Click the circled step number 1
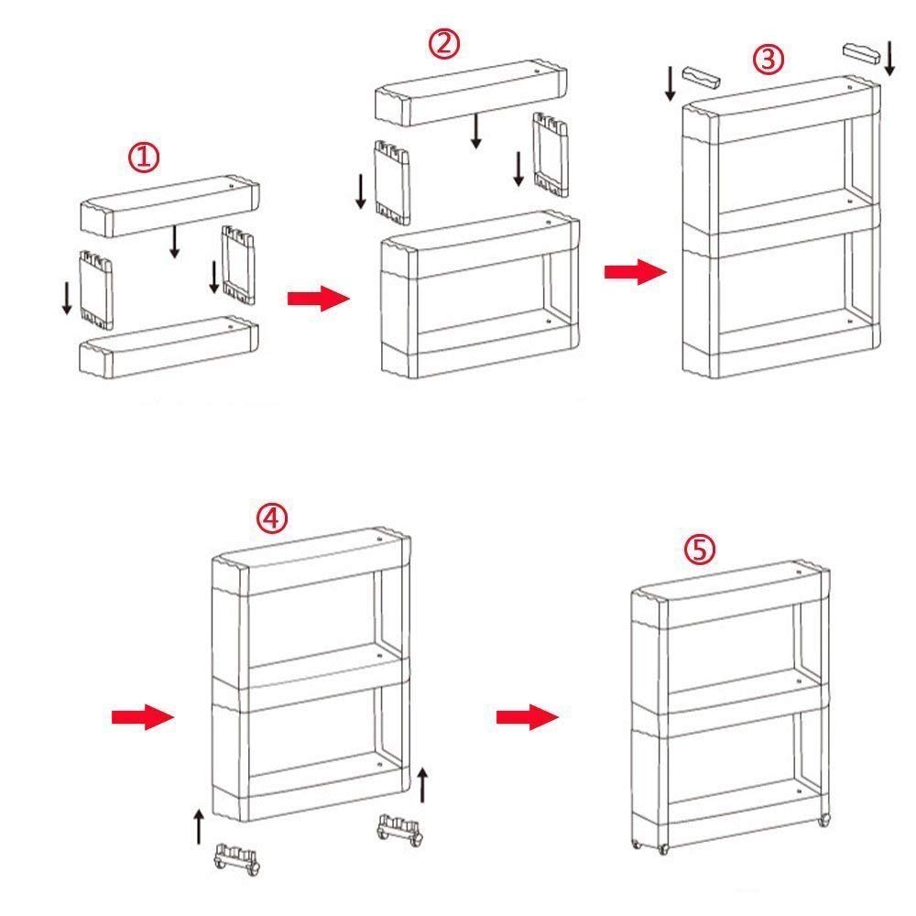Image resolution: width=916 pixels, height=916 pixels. [x=143, y=158]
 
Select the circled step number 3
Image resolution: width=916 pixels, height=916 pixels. [x=769, y=60]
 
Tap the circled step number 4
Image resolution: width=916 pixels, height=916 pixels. [x=270, y=518]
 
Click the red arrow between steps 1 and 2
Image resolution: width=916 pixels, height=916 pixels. [x=317, y=300]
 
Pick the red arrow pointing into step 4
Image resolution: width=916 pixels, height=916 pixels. [x=142, y=716]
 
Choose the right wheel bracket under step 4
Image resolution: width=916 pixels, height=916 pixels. [x=400, y=831]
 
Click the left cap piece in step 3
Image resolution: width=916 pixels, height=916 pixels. [x=703, y=75]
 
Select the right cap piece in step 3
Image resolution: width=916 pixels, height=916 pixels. [x=861, y=50]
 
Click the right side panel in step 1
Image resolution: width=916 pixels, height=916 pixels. [x=236, y=264]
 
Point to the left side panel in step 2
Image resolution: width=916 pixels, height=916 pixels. [x=390, y=181]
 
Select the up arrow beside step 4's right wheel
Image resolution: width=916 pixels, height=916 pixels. [x=422, y=784]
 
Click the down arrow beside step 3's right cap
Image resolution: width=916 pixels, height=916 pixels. [x=890, y=57]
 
